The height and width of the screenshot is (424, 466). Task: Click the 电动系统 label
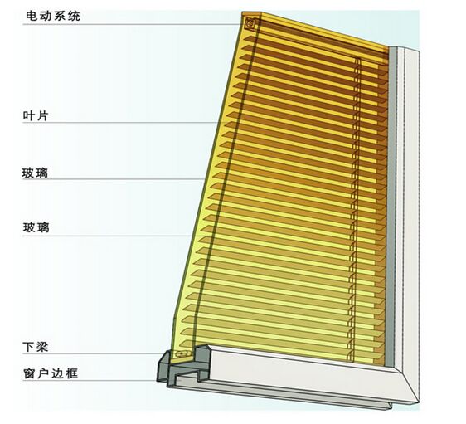53,16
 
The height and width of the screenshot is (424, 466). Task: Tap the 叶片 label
36,115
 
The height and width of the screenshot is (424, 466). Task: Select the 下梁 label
36,347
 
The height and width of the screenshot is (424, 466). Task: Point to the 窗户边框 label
51,373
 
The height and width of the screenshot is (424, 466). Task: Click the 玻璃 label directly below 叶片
35,173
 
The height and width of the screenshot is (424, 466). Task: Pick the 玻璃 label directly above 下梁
36,227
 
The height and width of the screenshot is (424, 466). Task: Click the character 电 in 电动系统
32,16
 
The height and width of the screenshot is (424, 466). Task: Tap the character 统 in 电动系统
75,16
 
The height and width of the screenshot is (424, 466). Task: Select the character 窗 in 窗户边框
29,373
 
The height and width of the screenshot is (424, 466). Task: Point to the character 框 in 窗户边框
72,373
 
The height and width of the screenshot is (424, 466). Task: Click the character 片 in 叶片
42,115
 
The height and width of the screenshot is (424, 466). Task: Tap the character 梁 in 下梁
42,347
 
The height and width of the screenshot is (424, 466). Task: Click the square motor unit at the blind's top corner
250,24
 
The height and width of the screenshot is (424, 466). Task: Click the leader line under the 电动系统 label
132,24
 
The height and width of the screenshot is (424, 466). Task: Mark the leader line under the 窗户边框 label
90,381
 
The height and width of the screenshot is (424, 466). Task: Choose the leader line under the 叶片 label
120,123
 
